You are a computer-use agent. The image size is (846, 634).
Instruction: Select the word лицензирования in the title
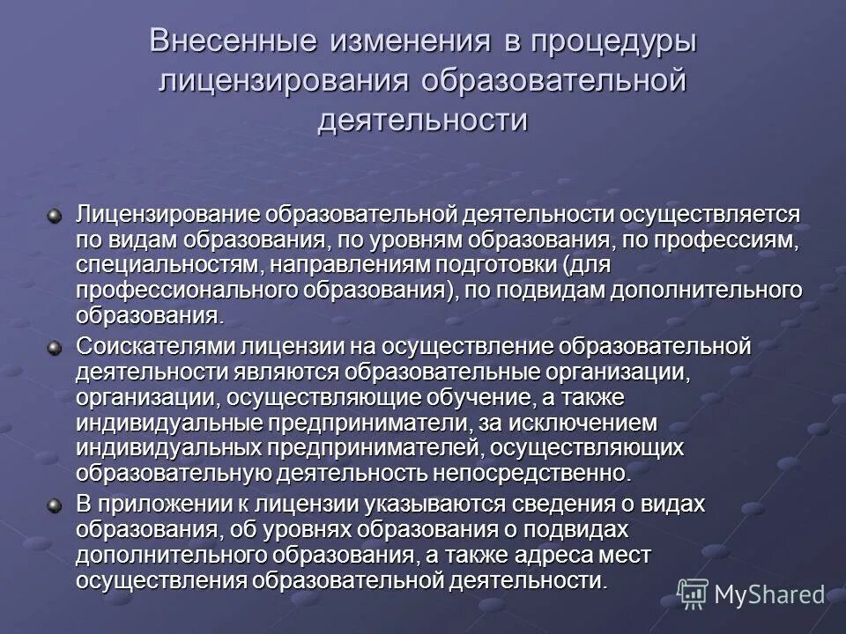[x=284, y=80]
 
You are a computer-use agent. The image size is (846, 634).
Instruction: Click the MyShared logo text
[x=769, y=594]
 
